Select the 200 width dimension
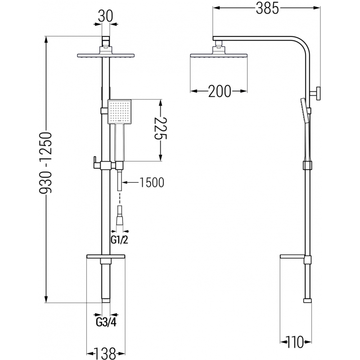coord(219,91)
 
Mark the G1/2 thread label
coord(119,240)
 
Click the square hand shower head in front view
coord(119,112)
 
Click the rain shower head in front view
coord(105,55)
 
